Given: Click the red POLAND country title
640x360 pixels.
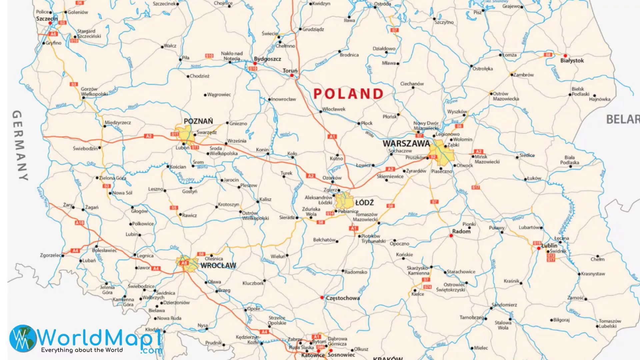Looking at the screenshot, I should click(348, 94).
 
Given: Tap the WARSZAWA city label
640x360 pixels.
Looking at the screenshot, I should click(406, 144).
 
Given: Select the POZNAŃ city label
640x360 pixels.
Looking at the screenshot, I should click(198, 121).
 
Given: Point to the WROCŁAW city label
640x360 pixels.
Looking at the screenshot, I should click(218, 266).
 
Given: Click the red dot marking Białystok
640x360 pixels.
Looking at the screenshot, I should click(565, 56).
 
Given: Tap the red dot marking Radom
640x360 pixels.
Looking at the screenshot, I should click(451, 236).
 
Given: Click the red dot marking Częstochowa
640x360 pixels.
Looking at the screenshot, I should click(322, 297).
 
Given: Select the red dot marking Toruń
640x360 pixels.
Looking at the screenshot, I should click(292, 76).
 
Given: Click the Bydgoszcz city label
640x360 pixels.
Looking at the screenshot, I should click(267, 59).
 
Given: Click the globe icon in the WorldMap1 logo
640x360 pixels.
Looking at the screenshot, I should click(23, 338).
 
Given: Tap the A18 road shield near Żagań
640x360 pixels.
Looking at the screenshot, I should click(80, 223).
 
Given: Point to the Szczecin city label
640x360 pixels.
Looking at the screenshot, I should click(47, 19).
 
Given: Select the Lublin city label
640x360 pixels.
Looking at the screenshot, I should click(549, 245).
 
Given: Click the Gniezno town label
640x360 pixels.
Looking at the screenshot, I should click(238, 123).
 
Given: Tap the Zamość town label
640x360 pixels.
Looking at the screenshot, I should click(576, 298).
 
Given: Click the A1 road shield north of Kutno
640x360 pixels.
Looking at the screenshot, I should click(332, 137).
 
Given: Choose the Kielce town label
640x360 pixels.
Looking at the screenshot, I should click(418, 294).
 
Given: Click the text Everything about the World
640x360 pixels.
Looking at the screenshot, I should click(82, 350).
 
